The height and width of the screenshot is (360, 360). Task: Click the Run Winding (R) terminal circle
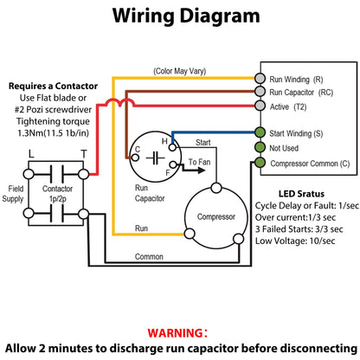(x=260, y=78)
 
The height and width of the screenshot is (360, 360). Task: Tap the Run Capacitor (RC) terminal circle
(x=260, y=92)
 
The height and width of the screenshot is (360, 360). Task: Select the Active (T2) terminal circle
(x=260, y=106)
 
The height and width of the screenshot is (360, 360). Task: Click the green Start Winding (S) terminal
(x=260, y=132)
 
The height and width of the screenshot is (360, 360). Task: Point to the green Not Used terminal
(x=260, y=147)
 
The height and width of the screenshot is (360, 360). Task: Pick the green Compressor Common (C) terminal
(x=260, y=163)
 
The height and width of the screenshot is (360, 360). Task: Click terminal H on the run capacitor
(x=172, y=148)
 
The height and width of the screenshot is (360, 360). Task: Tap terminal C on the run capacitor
(x=135, y=157)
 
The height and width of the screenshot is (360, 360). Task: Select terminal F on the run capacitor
(x=173, y=164)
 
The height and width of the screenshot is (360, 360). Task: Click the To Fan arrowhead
(x=202, y=170)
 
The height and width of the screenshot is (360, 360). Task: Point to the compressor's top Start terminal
(x=216, y=188)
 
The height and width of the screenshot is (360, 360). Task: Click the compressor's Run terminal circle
(x=190, y=234)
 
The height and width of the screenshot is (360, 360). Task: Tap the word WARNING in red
(x=175, y=333)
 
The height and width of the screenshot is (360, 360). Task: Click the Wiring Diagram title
(x=186, y=16)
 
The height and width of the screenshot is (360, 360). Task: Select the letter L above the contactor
(x=31, y=154)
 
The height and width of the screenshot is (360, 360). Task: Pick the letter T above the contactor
(x=84, y=154)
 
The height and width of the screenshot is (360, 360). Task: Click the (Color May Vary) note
(x=179, y=71)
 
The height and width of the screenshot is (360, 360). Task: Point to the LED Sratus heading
(x=301, y=194)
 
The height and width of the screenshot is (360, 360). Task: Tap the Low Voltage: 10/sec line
(x=295, y=241)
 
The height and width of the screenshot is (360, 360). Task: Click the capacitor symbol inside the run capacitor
(x=156, y=158)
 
